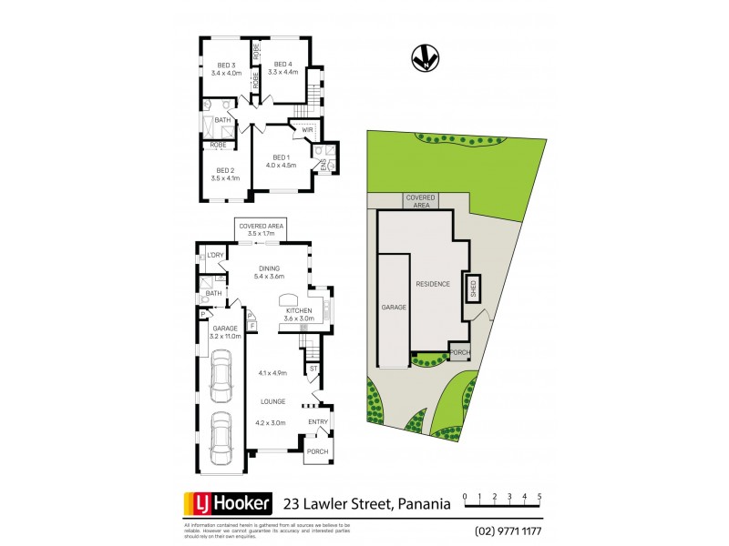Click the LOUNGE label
272,401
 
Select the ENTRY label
318,421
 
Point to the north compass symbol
421,57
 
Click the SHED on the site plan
473,288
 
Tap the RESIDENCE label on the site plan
433,284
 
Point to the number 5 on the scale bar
540,496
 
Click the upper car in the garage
220,378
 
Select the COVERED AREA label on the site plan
421,201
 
